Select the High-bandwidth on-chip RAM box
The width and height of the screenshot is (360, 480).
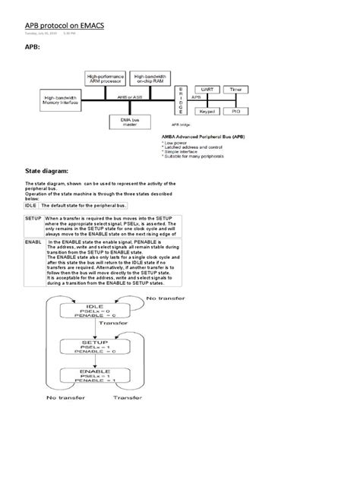(x=150, y=78)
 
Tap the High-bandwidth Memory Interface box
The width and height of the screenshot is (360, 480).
(x=61, y=101)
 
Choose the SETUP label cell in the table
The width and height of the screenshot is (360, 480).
(x=33, y=218)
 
